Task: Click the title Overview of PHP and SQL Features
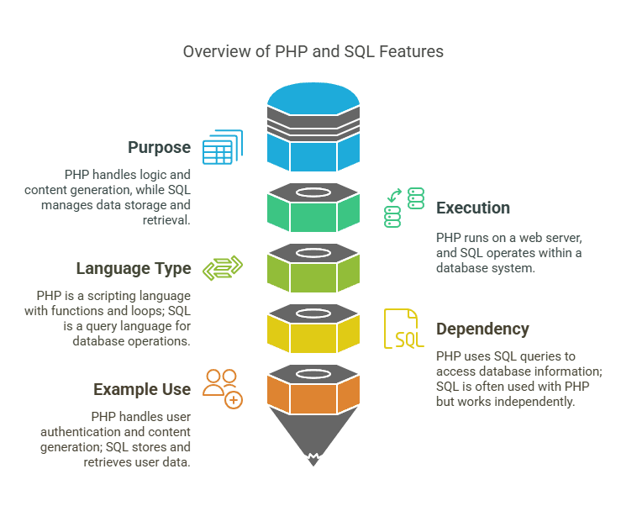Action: click(313, 51)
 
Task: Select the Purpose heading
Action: click(160, 148)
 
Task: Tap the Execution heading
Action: click(472, 208)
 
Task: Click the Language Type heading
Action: click(134, 269)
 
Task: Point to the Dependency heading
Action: click(482, 329)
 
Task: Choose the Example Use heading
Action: click(142, 389)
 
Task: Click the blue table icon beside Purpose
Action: click(222, 147)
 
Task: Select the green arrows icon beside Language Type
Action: click(223, 268)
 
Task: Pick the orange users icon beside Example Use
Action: click(223, 388)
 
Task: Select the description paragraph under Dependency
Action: click(519, 379)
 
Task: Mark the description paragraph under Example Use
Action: click(116, 440)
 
